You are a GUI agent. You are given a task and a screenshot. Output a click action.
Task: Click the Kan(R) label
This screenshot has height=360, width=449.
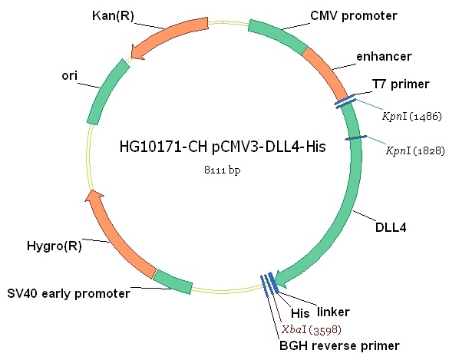pyautogui.click(x=113, y=16)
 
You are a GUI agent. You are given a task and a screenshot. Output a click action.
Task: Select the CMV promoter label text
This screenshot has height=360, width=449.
pyautogui.click(x=354, y=16)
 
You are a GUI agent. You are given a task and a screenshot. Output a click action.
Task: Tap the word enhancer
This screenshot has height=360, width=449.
pyautogui.click(x=384, y=57)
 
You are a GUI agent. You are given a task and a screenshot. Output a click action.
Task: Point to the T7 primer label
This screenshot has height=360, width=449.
pyautogui.click(x=401, y=84)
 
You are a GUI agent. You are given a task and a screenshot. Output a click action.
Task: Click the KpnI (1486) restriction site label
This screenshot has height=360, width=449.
pyautogui.click(x=412, y=116)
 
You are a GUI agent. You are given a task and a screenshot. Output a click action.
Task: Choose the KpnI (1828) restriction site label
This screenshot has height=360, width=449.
pyautogui.click(x=415, y=150)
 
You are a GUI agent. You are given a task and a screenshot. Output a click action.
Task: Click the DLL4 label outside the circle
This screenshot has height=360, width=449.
pyautogui.click(x=391, y=228)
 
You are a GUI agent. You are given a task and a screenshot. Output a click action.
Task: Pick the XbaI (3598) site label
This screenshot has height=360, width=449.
pyautogui.click(x=312, y=329)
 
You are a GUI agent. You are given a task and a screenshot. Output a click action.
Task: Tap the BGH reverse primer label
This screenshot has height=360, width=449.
pyautogui.click(x=339, y=346)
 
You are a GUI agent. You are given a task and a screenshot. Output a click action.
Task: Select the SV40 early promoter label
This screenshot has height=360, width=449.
pyautogui.click(x=69, y=293)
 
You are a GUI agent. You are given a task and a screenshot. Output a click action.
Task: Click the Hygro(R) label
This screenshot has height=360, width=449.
pyautogui.click(x=54, y=246)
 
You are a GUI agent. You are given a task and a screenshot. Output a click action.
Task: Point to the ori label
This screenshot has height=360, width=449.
pyautogui.click(x=70, y=76)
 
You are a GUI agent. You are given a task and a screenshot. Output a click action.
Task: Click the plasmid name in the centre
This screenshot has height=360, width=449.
pyautogui.click(x=223, y=147)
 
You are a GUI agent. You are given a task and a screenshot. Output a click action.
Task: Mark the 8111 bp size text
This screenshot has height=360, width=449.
pyautogui.click(x=223, y=170)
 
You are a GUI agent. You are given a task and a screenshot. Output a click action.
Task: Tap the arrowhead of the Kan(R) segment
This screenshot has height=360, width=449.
pyautogui.click(x=137, y=53)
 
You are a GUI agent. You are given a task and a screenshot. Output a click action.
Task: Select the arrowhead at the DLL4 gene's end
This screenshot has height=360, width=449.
pyautogui.click(x=282, y=279)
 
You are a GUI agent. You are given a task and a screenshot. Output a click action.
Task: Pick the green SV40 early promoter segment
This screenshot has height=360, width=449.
pyautogui.click(x=173, y=282)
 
